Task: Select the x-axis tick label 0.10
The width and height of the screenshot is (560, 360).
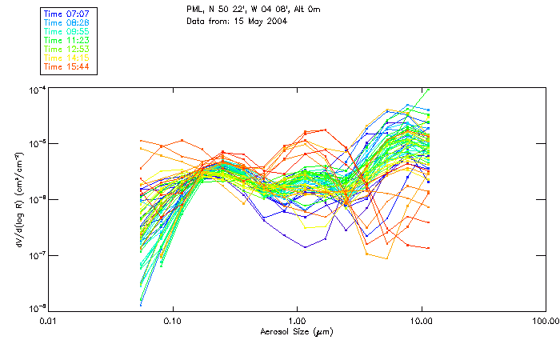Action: coord(172,321)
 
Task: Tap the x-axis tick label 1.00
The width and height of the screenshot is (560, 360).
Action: coord(297,321)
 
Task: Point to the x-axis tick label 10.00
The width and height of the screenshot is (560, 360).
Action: coord(421,321)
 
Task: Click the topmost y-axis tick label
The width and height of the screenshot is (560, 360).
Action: coord(36,90)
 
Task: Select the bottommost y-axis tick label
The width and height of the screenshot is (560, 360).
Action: coord(36,308)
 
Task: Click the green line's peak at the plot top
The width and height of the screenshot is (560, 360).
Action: coord(429,90)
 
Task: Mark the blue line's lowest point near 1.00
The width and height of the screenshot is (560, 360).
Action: coord(305,247)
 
